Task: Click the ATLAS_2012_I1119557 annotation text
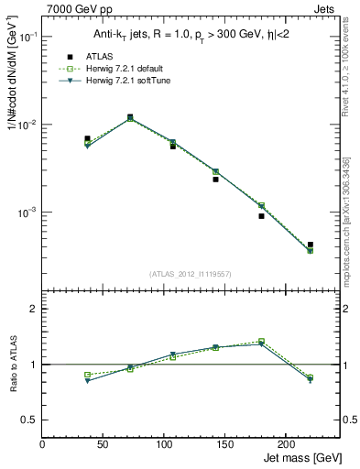coord(191,273)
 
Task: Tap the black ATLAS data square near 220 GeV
coord(311,245)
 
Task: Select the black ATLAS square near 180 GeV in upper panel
coord(261,216)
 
